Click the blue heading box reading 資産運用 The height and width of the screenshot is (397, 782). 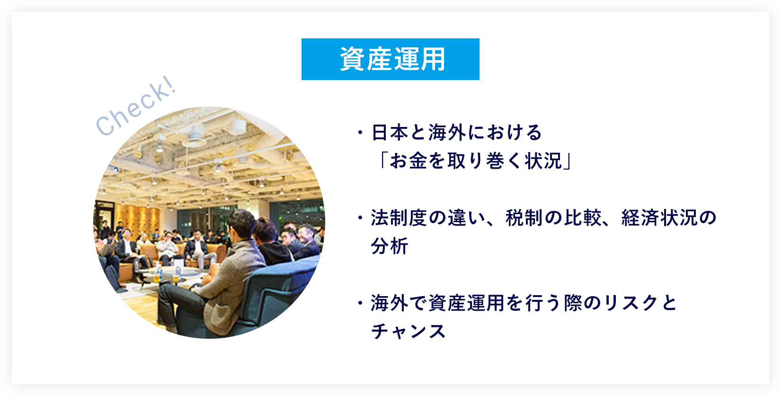391,59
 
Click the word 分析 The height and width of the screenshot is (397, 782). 390,246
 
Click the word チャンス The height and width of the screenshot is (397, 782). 409,331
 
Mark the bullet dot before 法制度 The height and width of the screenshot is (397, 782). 360,218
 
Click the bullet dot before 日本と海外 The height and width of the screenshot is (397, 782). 360,133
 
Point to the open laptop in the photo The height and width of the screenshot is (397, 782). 108,250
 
